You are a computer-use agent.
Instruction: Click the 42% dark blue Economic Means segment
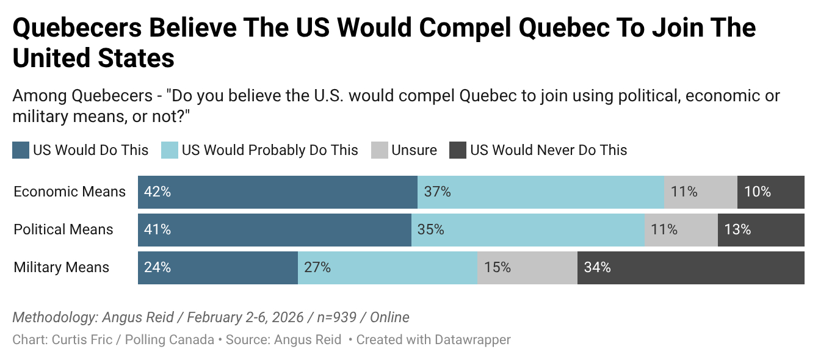[278, 192]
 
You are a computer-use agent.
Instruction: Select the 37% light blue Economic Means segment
[541, 192]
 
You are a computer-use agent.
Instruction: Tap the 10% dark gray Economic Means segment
[771, 192]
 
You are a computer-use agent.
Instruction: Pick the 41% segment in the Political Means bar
[275, 229]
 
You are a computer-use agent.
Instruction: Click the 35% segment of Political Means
[528, 229]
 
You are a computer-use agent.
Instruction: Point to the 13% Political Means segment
[761, 229]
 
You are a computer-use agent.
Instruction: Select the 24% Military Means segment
[218, 267]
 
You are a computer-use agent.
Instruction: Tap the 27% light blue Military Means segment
[388, 267]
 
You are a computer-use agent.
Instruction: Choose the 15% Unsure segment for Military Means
[527, 267]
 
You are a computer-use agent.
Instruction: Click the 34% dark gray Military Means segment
[691, 267]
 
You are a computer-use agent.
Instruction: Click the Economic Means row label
[70, 192]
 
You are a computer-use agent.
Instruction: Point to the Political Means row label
[63, 229]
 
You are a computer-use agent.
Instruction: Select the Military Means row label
[62, 267]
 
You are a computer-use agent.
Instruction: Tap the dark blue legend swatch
[21, 150]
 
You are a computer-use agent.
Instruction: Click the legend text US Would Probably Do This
[270, 150]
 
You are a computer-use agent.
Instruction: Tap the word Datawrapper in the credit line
[472, 340]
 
